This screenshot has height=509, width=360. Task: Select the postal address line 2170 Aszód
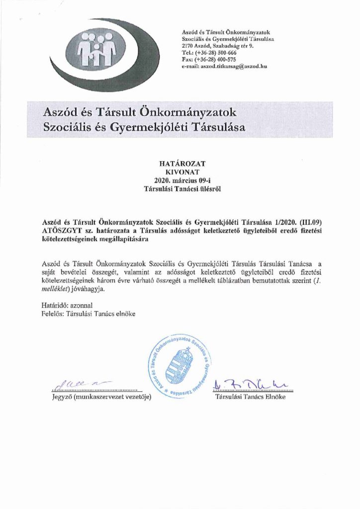point(218,46)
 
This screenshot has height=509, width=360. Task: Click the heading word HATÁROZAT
point(180,163)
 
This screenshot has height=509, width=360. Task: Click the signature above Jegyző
point(75,383)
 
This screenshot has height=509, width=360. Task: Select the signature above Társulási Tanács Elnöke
point(248,384)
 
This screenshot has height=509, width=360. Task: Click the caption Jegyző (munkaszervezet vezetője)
point(101,397)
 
